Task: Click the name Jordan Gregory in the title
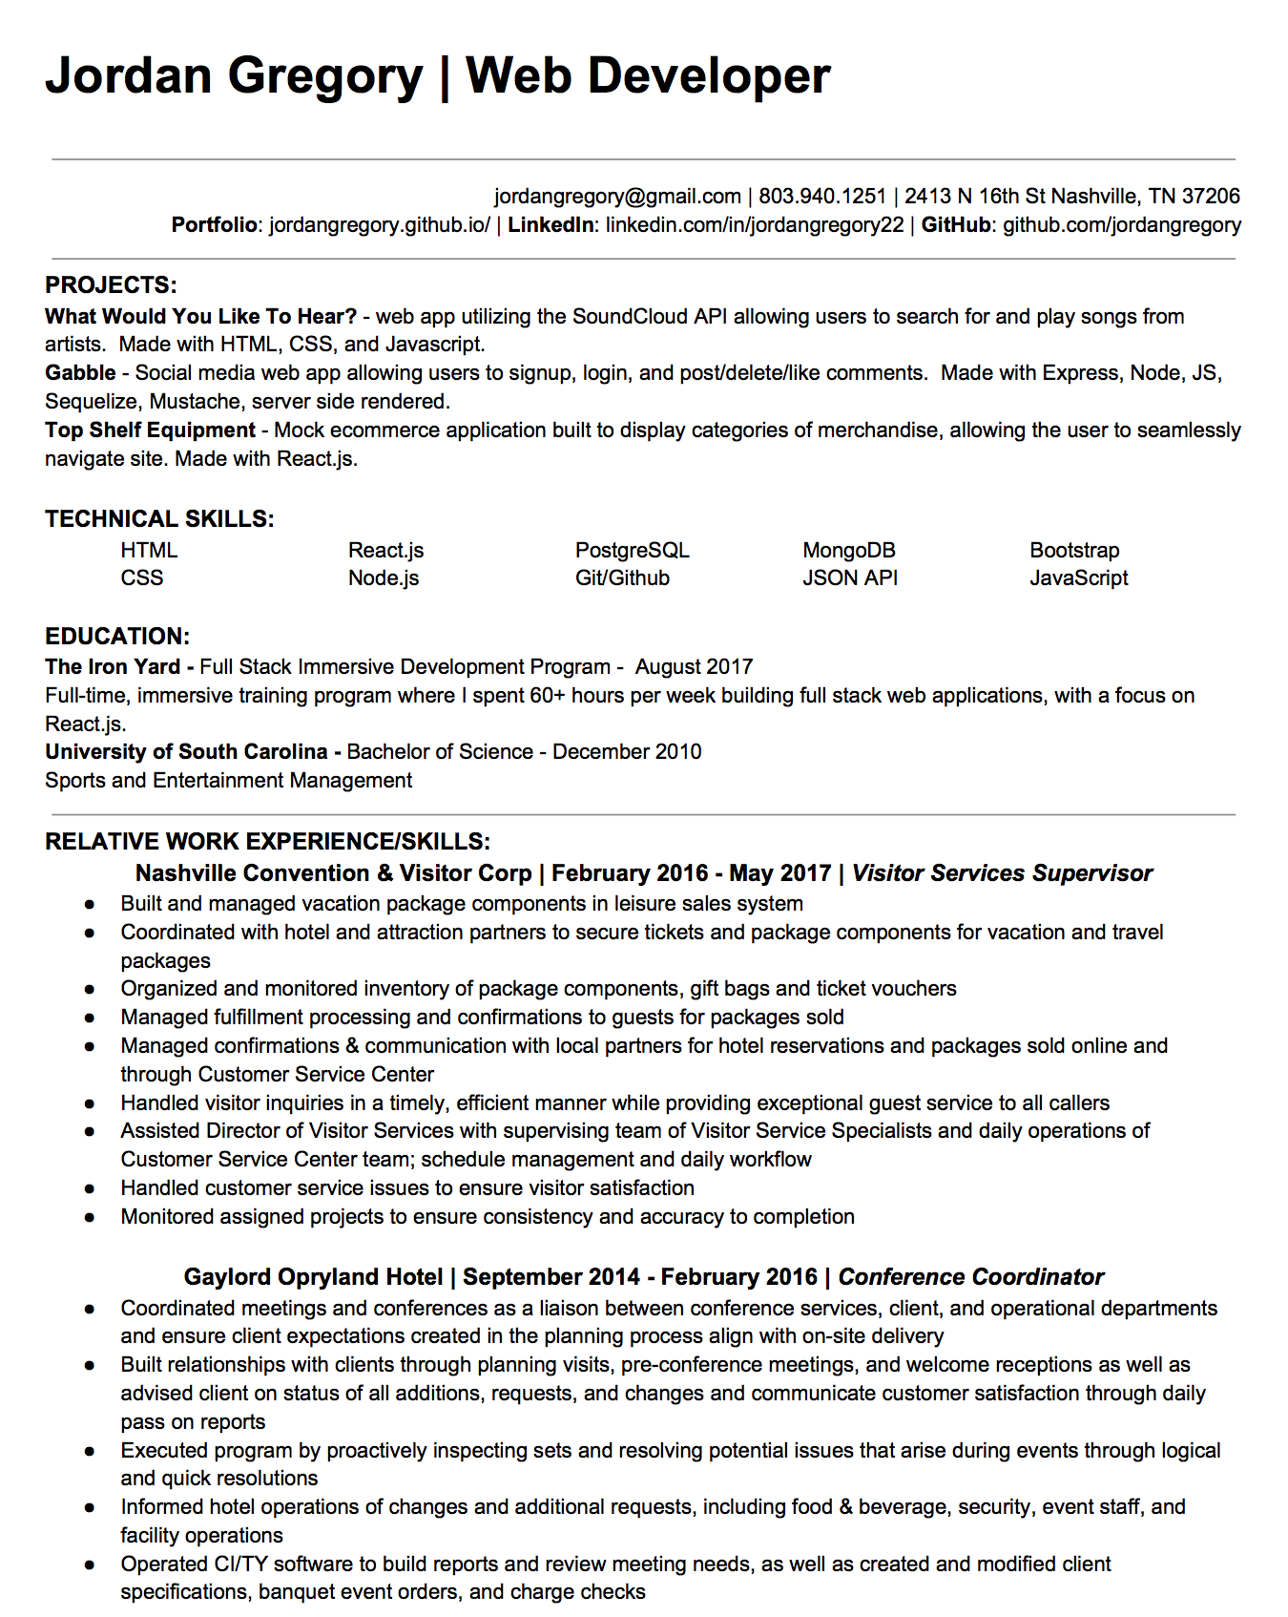[234, 76]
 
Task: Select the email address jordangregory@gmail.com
[617, 197]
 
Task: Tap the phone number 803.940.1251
[822, 197]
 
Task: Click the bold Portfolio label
[214, 225]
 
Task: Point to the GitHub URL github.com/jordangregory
[1121, 225]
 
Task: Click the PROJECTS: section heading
[111, 285]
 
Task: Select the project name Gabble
[80, 373]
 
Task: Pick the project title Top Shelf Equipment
[150, 430]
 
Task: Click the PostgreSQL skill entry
[632, 551]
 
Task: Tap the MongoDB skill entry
[848, 551]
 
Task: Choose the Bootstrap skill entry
[1074, 551]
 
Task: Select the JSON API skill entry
[849, 578]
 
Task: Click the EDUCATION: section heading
[117, 637]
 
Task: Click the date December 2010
[627, 752]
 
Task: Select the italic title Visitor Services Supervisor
[1002, 873]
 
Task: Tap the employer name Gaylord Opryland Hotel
[313, 1277]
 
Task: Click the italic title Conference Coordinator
[970, 1277]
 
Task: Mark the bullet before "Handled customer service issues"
[90, 1188]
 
